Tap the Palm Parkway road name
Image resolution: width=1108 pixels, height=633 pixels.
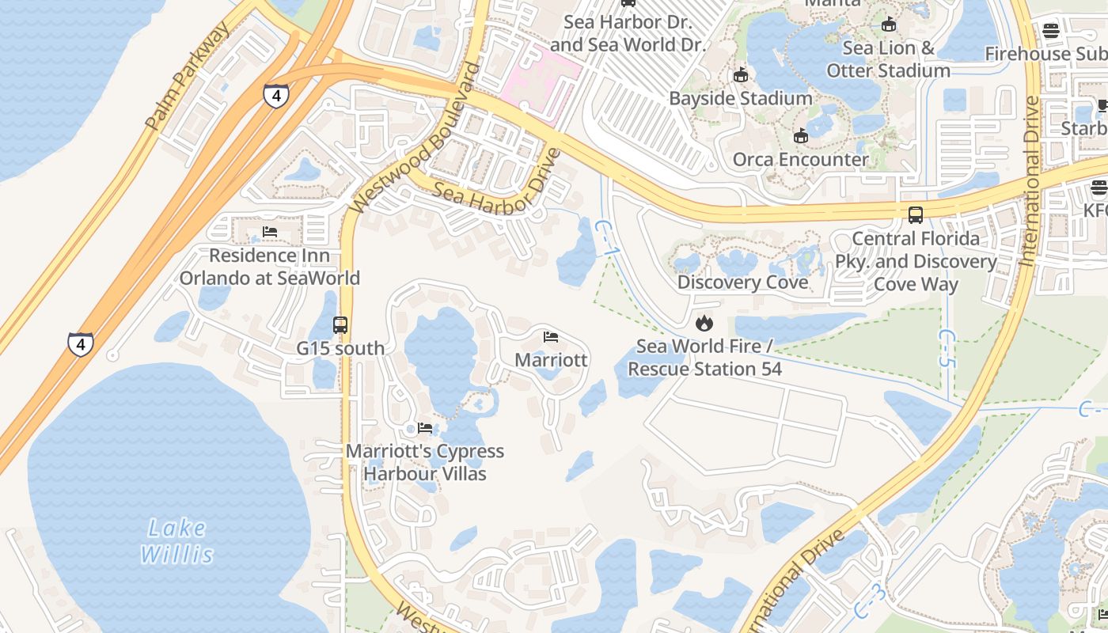(x=188, y=76)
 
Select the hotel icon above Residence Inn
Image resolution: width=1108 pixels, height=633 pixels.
(x=270, y=233)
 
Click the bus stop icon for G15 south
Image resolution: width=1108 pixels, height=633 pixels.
(x=340, y=325)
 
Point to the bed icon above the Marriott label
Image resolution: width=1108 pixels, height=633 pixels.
(x=551, y=338)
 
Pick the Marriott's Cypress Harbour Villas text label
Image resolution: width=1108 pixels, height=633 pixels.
(x=425, y=462)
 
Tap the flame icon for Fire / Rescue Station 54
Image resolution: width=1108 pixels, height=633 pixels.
(x=704, y=323)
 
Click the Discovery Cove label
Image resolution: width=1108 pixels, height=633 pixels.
(x=742, y=282)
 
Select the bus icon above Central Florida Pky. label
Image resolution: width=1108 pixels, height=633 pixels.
(x=916, y=215)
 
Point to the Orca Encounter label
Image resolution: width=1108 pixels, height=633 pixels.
(x=800, y=159)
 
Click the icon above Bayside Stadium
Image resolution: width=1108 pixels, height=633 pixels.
(x=741, y=75)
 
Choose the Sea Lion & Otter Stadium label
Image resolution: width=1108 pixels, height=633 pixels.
(x=888, y=59)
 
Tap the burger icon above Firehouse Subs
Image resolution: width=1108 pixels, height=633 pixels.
(x=1051, y=32)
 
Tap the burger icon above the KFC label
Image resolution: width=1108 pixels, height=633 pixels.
(x=1099, y=188)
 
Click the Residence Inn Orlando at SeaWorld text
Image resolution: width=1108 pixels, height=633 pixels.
(x=269, y=267)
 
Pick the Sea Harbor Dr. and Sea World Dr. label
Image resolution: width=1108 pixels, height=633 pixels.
(x=627, y=33)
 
